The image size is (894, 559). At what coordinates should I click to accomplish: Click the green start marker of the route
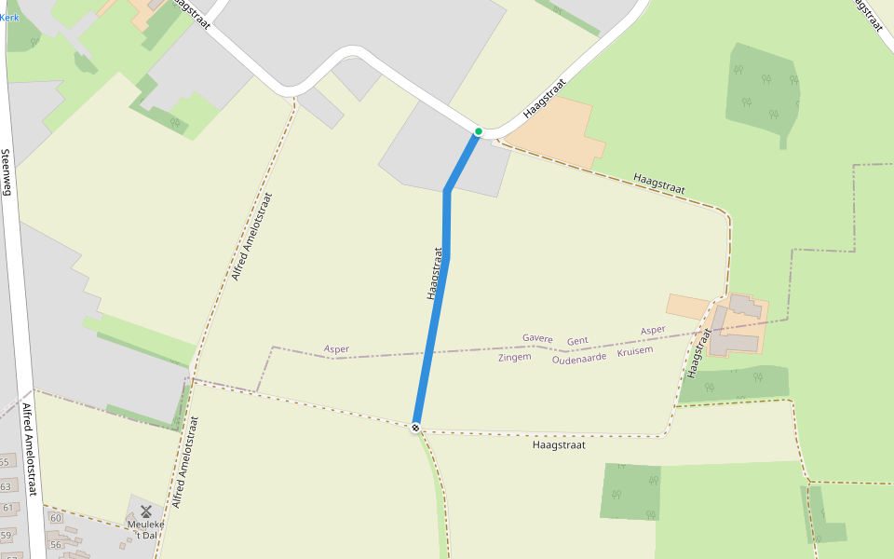click(x=478, y=131)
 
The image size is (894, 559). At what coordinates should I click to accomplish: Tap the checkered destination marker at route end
click(x=415, y=428)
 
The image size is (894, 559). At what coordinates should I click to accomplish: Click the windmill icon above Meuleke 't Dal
click(x=145, y=511)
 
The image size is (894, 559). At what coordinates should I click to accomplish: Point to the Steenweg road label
click(x=7, y=172)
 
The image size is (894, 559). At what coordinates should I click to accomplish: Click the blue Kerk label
click(x=9, y=18)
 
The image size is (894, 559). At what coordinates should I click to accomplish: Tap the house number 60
click(x=56, y=518)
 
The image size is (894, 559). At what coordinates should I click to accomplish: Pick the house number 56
click(x=56, y=545)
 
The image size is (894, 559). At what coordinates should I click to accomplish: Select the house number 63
click(x=7, y=486)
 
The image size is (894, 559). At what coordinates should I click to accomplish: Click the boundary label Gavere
click(x=537, y=338)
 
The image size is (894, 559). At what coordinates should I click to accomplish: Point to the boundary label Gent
click(x=577, y=342)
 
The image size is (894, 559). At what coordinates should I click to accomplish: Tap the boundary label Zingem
click(x=514, y=357)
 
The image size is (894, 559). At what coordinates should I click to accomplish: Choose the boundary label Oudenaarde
click(x=579, y=358)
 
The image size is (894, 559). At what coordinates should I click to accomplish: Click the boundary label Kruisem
click(x=635, y=350)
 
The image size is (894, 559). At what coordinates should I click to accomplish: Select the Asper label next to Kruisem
click(x=653, y=331)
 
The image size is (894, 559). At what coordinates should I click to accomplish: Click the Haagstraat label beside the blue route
click(x=433, y=273)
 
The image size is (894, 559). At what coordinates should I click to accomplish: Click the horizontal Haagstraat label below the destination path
click(x=558, y=445)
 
